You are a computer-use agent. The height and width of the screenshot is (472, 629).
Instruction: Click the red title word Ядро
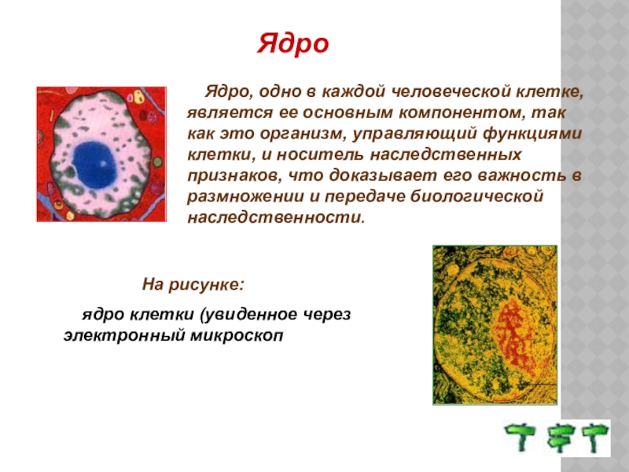[x=292, y=44]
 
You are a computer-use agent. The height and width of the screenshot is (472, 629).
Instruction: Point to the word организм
[x=303, y=134]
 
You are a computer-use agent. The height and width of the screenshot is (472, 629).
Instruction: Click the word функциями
[x=532, y=134]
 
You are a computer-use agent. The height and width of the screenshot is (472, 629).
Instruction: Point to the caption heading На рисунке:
[x=193, y=285]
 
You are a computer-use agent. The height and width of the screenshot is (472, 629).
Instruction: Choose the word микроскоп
[x=237, y=336]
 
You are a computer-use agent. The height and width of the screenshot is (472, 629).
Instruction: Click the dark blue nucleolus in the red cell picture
[x=95, y=164]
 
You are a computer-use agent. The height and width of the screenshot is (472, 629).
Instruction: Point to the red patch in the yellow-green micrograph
[x=515, y=338]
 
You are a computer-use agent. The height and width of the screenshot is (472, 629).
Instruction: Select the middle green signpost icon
[x=561, y=437]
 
